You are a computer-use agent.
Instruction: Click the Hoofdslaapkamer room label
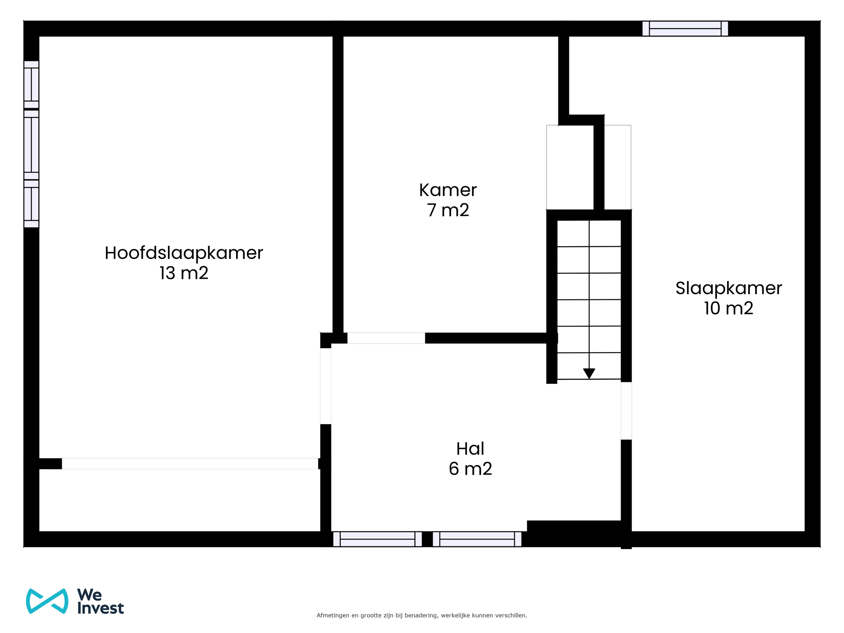[184, 253]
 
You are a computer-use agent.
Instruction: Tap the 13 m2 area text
[184, 273]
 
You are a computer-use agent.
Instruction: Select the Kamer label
[447, 190]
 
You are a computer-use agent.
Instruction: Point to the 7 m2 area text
[447, 211]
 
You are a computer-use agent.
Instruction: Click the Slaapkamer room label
[728, 288]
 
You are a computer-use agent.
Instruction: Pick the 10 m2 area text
[728, 309]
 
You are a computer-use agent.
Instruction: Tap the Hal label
[470, 449]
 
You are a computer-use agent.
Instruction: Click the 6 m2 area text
[470, 469]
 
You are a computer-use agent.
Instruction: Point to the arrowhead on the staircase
[589, 373]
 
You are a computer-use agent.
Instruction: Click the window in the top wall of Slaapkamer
[685, 29]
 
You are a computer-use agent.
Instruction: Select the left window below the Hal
[378, 539]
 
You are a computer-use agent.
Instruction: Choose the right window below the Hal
[477, 539]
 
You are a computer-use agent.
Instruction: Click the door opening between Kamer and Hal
[386, 338]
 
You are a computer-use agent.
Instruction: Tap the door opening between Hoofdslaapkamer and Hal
[326, 386]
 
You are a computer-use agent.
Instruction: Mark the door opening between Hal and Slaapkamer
[626, 411]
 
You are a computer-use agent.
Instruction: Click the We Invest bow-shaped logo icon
[47, 601]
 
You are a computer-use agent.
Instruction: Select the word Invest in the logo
[101, 608]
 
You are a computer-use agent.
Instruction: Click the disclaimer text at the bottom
[422, 615]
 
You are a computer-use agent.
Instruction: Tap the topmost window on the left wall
[31, 84]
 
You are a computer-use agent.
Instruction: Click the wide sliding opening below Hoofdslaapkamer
[190, 464]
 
